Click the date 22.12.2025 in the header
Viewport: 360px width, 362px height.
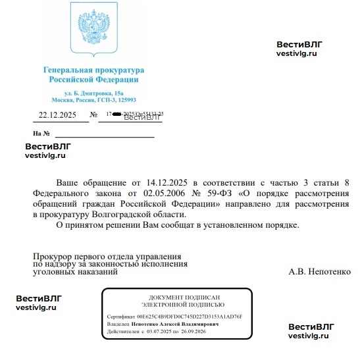click(58, 115)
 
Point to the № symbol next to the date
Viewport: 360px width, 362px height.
click(84, 115)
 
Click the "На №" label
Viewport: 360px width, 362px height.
click(41, 134)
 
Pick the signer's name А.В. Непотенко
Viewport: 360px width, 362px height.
click(319, 271)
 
